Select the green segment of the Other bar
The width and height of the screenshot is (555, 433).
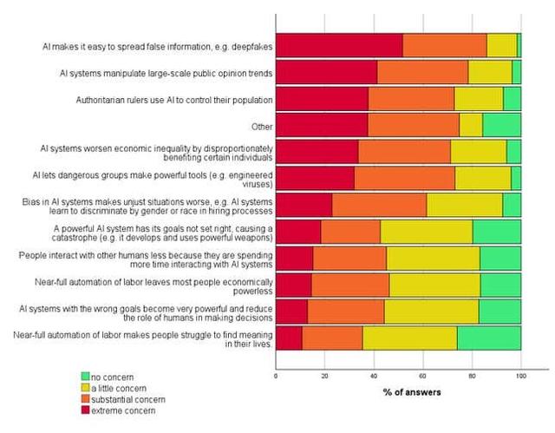501,125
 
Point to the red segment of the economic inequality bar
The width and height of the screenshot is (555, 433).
317,152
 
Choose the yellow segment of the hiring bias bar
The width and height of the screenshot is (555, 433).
464,205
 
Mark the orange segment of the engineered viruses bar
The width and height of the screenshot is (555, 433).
404,178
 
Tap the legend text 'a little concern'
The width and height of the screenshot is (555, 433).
118,387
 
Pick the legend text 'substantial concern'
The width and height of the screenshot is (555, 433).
127,398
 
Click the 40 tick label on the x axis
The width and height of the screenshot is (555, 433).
374,377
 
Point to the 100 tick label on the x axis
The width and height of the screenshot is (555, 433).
520,377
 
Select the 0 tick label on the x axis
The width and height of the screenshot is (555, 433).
276,377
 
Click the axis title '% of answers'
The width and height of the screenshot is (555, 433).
412,392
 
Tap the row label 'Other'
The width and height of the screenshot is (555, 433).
260,126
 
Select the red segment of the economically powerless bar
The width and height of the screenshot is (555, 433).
293,285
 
